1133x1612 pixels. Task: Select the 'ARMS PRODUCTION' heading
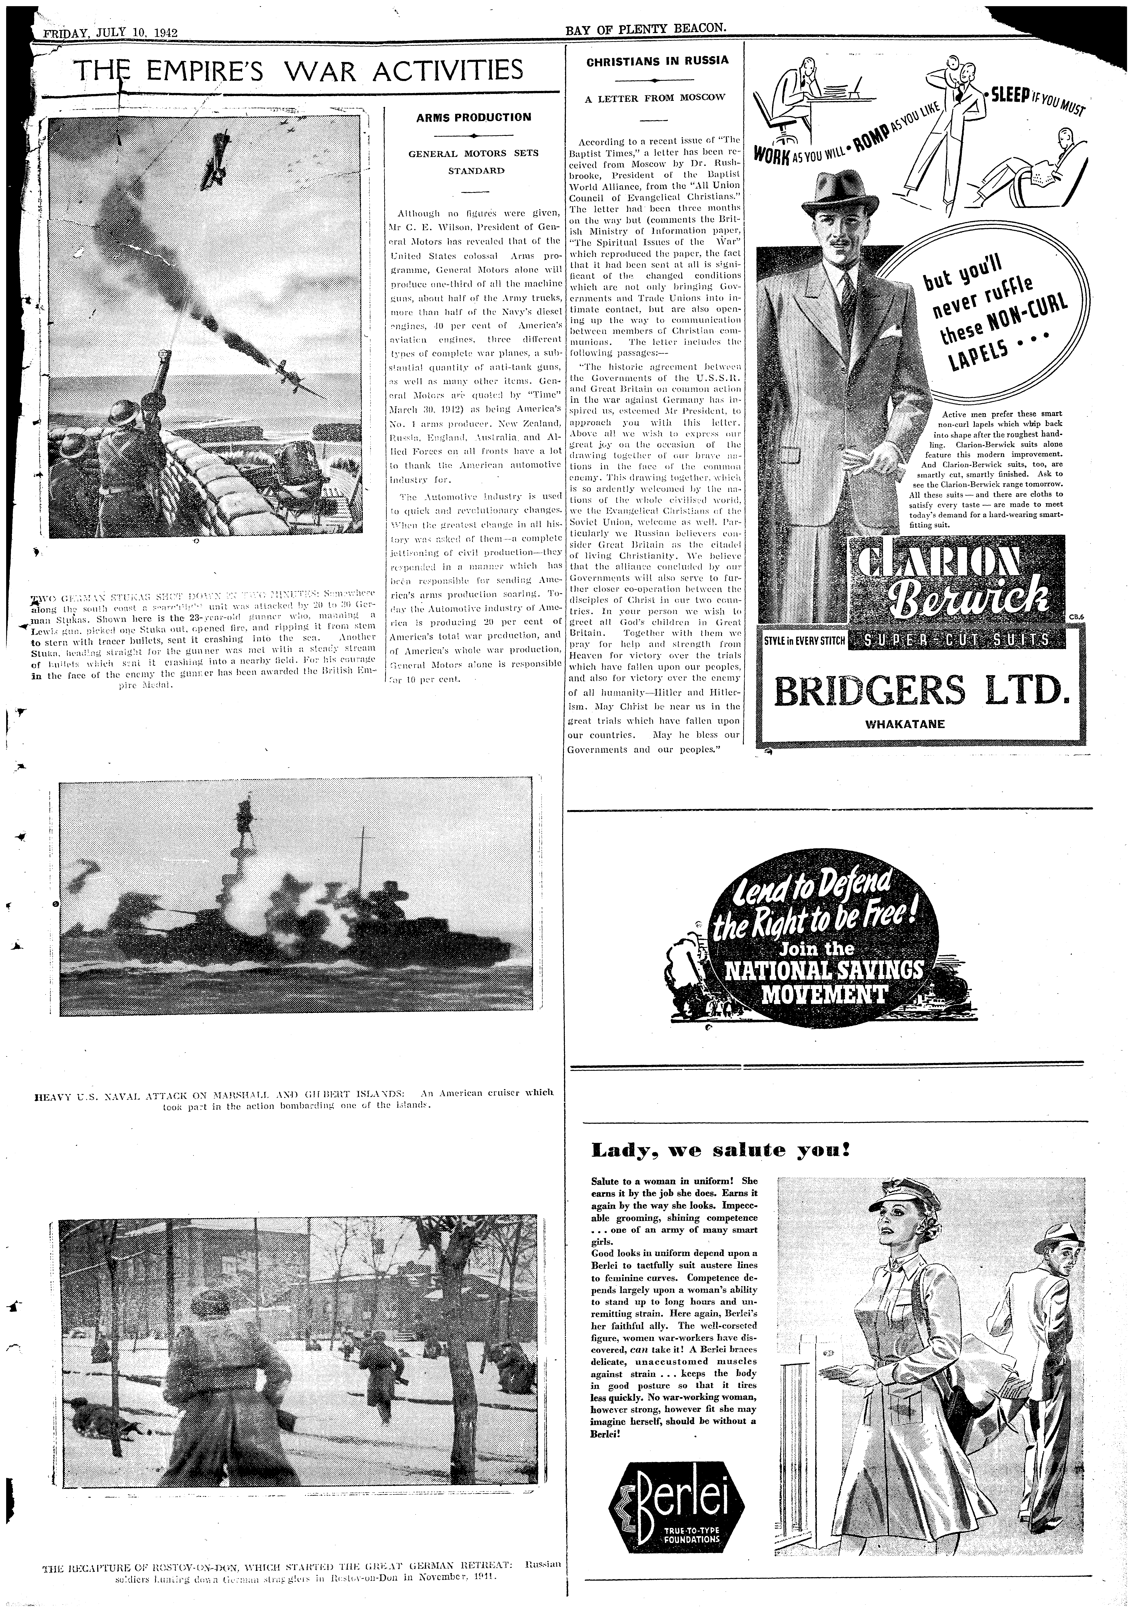tap(474, 117)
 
